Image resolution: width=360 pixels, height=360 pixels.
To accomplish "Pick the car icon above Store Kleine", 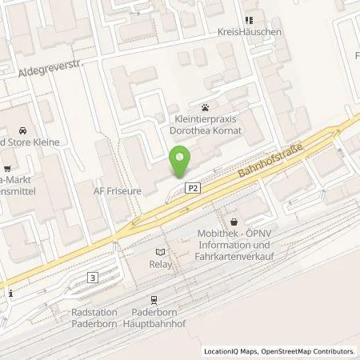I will (22, 130).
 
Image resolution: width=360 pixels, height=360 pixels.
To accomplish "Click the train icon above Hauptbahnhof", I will (154, 298).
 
